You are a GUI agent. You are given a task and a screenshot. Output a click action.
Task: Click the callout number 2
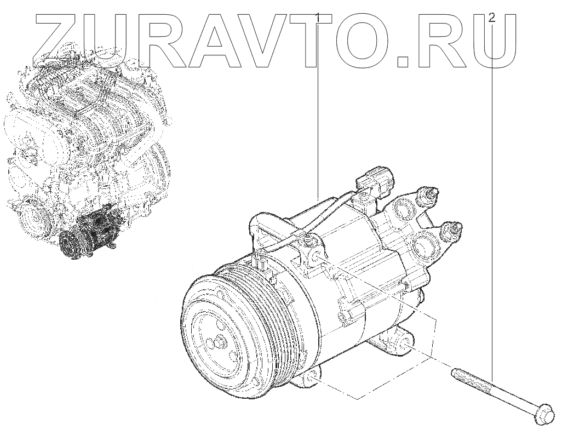click(x=493, y=17)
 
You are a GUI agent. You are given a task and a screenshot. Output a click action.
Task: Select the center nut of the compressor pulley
click(x=219, y=341)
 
